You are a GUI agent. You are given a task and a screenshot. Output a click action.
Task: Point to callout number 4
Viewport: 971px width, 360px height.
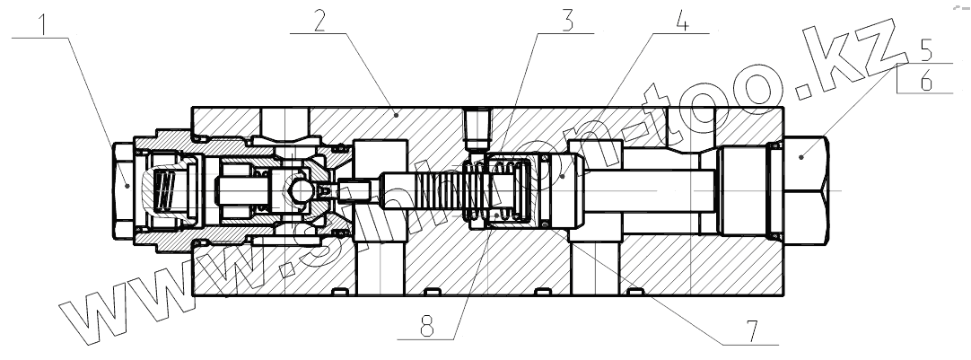(681, 22)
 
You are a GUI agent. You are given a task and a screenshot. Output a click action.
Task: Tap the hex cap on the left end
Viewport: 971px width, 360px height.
(124, 190)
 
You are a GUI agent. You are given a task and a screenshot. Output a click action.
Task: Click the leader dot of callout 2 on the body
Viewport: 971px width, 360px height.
(396, 114)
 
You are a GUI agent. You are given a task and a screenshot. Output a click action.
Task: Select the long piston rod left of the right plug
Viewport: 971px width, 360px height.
(646, 190)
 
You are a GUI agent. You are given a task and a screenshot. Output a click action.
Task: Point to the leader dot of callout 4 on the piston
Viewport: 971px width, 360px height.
(562, 176)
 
